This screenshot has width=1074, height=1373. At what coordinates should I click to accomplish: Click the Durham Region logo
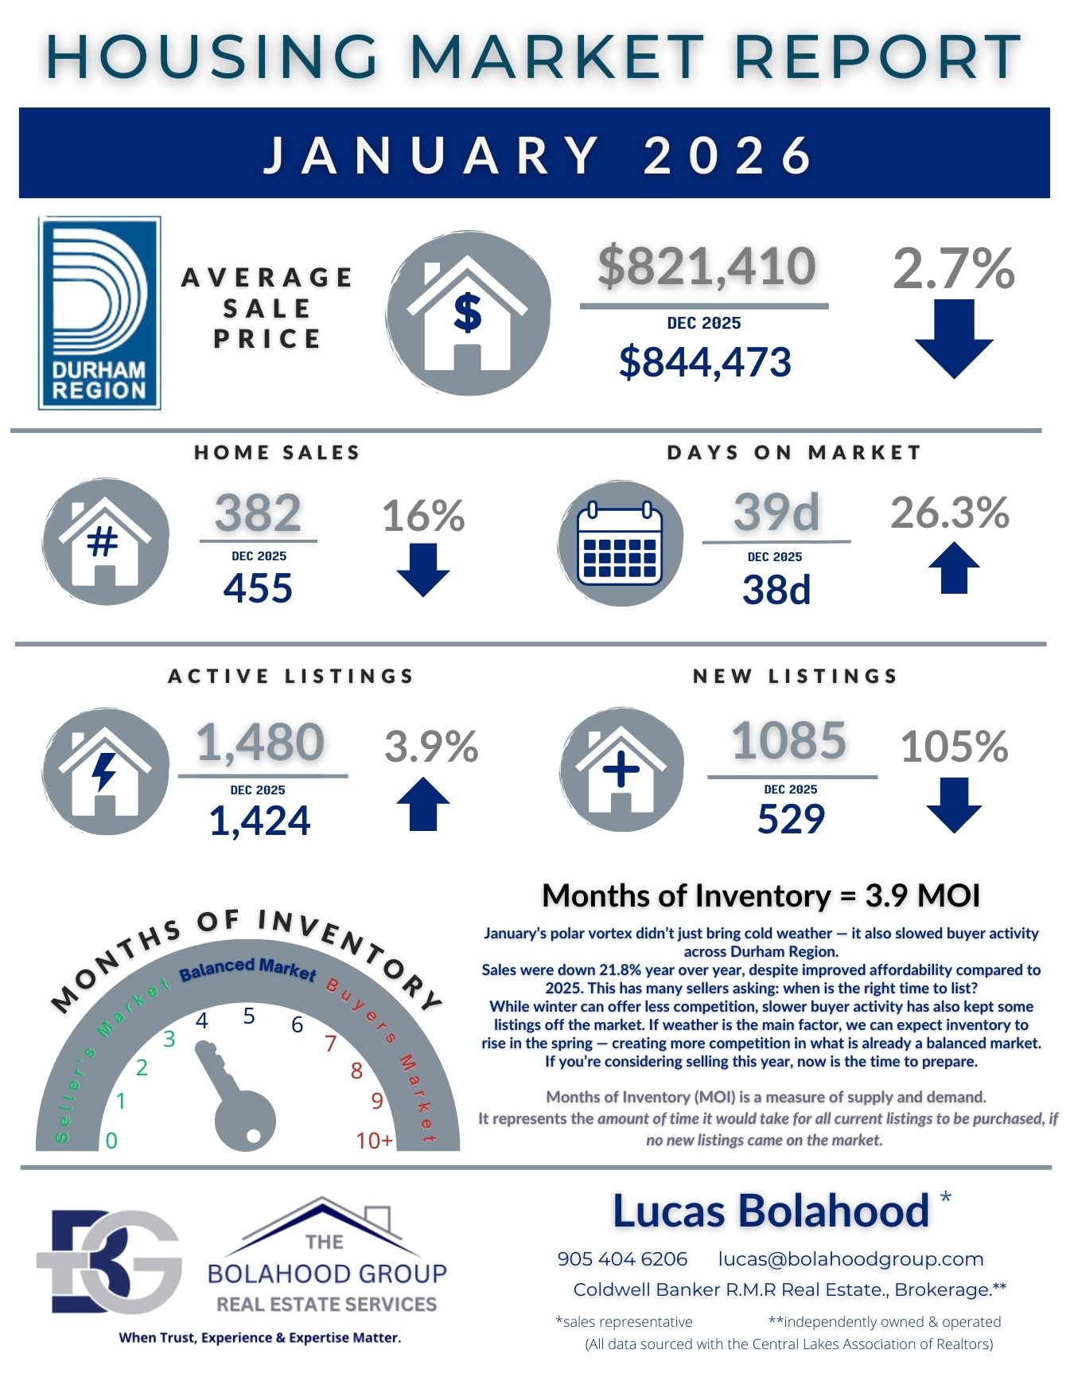click(99, 313)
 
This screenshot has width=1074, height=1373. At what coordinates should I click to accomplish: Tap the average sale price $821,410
click(706, 266)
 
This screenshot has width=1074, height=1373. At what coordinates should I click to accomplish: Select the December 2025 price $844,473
click(705, 362)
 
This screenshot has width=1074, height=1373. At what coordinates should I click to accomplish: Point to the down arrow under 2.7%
click(953, 338)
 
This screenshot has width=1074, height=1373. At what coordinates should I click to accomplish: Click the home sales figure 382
click(258, 513)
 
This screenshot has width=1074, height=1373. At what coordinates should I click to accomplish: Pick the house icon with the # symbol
click(105, 542)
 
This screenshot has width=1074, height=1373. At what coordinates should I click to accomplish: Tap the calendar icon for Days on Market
click(620, 544)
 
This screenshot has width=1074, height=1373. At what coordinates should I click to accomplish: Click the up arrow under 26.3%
click(953, 568)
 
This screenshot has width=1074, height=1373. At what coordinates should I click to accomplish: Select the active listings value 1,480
click(260, 742)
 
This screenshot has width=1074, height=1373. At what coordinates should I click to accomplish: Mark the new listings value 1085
click(788, 740)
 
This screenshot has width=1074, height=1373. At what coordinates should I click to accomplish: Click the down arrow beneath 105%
click(953, 805)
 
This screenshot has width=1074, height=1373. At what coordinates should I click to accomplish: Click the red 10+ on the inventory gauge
click(374, 1141)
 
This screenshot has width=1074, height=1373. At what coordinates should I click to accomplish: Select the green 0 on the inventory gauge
click(111, 1141)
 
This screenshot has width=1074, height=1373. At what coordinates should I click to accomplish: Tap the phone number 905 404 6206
click(622, 1258)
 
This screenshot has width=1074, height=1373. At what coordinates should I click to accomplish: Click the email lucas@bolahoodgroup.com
click(850, 1258)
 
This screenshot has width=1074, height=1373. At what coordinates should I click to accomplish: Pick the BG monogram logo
click(108, 1262)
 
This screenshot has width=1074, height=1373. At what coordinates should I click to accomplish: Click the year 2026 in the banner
click(728, 154)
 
